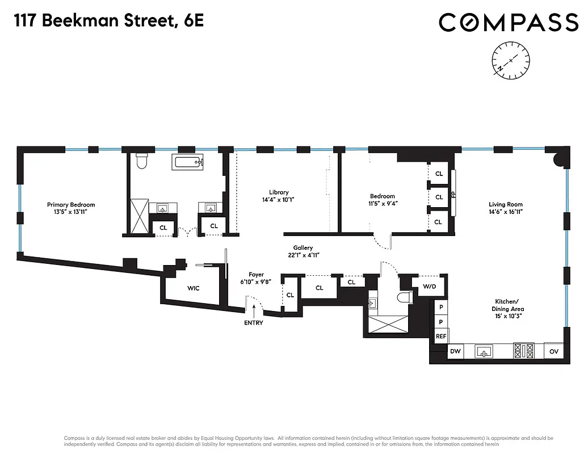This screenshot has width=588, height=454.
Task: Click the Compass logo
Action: (x=508, y=23)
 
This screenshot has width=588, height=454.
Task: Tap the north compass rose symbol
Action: (x=511, y=60)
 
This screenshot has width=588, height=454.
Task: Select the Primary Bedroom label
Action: (x=71, y=205)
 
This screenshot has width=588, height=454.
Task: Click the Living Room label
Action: (x=505, y=205)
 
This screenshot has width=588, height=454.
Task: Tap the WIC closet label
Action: (x=194, y=288)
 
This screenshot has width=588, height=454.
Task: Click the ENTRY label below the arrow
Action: (x=254, y=323)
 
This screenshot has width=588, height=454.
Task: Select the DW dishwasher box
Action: (x=455, y=352)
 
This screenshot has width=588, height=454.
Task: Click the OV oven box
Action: (x=554, y=352)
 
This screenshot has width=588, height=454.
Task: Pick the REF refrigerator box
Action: (x=441, y=336)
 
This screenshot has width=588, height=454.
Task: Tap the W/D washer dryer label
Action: (x=429, y=286)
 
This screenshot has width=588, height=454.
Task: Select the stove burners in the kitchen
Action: (x=524, y=351)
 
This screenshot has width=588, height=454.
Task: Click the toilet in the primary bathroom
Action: (x=142, y=161)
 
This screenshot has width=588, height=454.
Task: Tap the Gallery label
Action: (x=303, y=248)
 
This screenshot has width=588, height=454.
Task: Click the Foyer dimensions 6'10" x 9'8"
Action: (x=256, y=282)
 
